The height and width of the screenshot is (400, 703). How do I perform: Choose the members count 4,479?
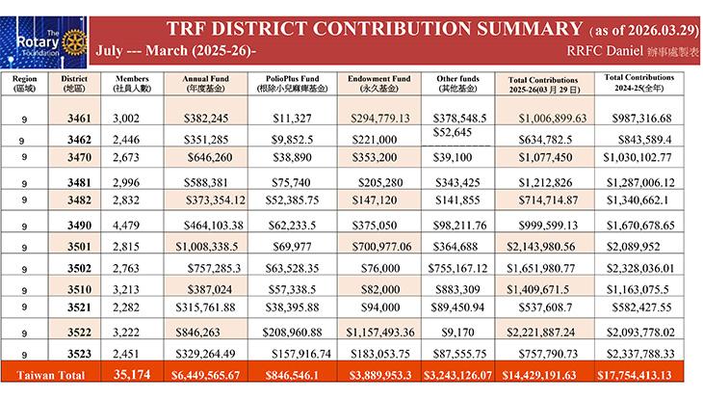(x=128, y=225)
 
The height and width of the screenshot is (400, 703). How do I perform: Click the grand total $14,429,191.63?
(x=546, y=376)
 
